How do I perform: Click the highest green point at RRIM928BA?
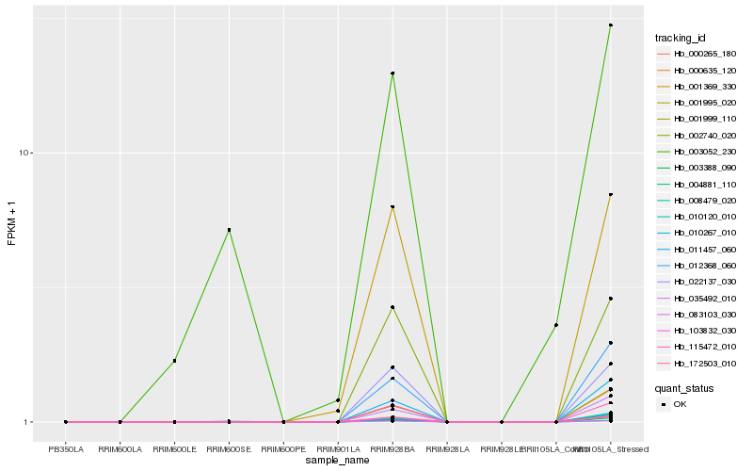pos(392,73)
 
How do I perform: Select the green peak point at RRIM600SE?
pos(229,230)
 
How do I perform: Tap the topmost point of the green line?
pos(610,25)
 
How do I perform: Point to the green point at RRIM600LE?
pos(174,361)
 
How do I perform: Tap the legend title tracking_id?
pos(681,38)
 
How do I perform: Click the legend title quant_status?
pos(685,387)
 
